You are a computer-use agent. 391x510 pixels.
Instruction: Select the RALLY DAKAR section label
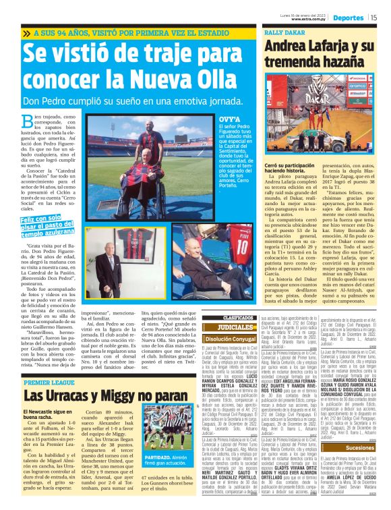coord(280,32)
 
